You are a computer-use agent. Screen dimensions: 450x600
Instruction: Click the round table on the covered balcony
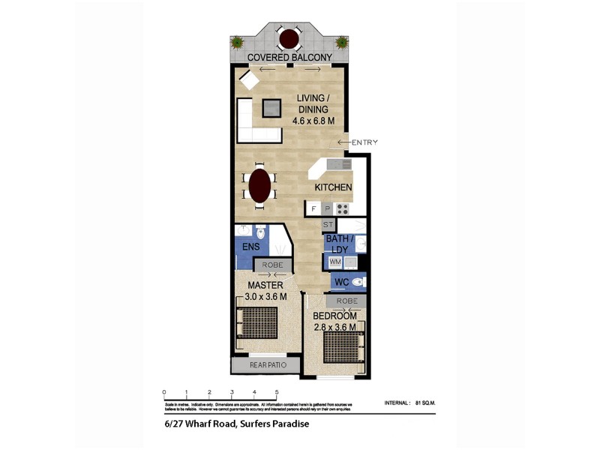288,39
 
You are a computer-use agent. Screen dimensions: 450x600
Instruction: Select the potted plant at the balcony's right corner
341,43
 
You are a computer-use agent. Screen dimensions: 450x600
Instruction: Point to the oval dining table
259,186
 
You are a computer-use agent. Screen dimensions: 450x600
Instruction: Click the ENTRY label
364,142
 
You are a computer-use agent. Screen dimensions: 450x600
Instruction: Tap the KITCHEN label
333,187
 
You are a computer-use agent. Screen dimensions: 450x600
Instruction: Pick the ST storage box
328,224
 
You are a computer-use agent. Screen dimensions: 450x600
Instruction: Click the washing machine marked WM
334,261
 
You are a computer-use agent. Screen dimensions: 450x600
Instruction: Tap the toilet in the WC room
358,282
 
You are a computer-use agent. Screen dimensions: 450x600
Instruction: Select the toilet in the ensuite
260,232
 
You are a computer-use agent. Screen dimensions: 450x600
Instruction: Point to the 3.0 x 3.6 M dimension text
265,296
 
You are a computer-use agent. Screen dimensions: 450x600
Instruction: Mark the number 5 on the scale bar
277,392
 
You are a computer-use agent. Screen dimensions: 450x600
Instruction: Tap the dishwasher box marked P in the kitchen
327,208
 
